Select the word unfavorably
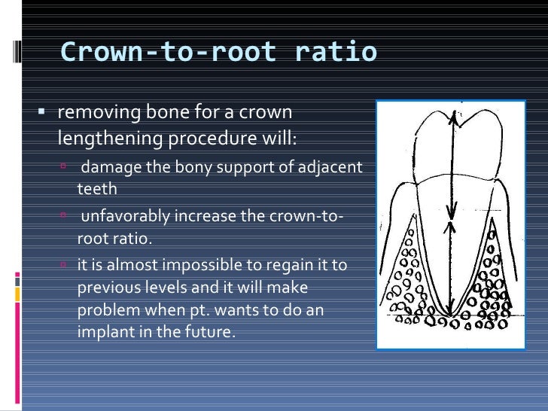click(126, 216)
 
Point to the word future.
click(209, 330)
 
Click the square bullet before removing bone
click(41, 113)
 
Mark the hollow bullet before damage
click(65, 165)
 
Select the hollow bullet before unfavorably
click(65, 215)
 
